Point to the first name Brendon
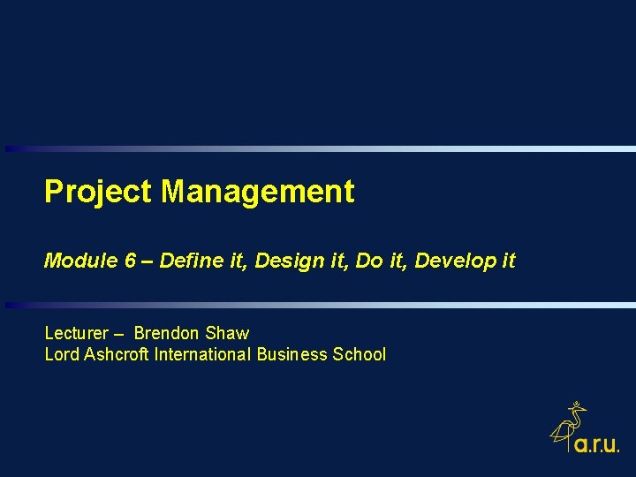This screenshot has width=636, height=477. click(x=167, y=333)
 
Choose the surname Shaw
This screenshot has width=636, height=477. click(x=227, y=333)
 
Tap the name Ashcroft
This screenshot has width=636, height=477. click(x=117, y=354)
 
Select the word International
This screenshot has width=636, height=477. click(x=202, y=354)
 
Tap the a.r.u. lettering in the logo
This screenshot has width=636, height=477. click(x=597, y=445)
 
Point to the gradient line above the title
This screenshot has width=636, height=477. click(x=318, y=148)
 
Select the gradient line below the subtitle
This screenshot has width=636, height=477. click(x=318, y=305)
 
